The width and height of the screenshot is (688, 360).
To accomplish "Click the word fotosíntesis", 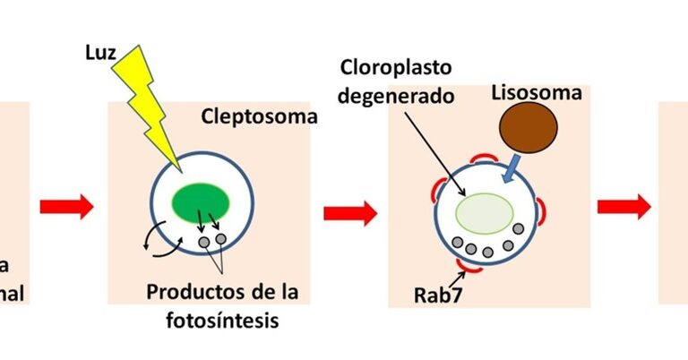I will click(x=227, y=318).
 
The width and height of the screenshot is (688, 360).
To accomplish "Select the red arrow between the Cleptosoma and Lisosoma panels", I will click(x=349, y=213).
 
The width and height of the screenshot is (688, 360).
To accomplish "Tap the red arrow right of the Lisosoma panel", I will click(x=623, y=207).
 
